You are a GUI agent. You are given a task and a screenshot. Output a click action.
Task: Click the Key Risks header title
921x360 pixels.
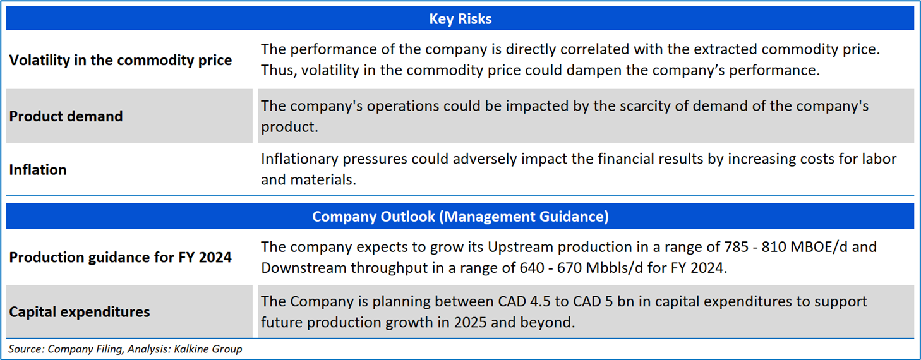click(460, 19)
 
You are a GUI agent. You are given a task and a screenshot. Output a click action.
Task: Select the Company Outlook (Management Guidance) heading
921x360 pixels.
click(460, 217)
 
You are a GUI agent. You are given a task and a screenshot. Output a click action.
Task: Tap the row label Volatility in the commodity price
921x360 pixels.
click(120, 61)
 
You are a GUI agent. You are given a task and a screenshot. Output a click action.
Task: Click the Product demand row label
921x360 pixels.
click(66, 116)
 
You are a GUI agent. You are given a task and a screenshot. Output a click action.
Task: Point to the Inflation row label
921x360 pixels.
click(38, 170)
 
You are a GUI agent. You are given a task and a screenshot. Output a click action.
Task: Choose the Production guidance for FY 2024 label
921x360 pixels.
click(120, 258)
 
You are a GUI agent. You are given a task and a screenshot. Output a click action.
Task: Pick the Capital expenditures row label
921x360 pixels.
click(80, 312)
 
